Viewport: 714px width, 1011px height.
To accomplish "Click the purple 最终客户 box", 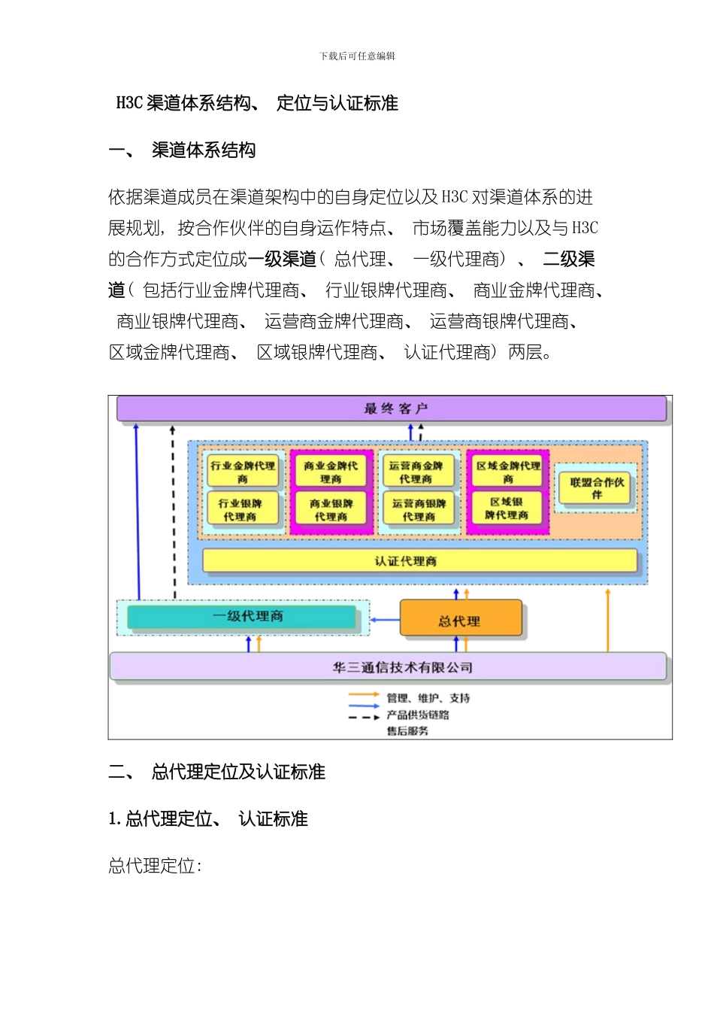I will (x=392, y=409).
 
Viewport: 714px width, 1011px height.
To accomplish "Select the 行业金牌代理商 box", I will (x=243, y=472).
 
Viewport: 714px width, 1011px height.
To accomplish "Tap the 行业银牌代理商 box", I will (x=241, y=509).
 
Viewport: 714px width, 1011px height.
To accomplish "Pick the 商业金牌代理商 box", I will (x=331, y=472).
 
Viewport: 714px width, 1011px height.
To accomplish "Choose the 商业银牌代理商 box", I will (x=331, y=509).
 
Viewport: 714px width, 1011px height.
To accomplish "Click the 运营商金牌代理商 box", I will (x=417, y=472).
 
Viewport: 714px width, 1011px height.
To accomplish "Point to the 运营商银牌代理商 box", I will (x=419, y=509).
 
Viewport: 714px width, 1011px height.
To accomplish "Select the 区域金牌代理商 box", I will (x=508, y=472).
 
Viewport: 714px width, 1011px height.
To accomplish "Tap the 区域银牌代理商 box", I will (x=507, y=508).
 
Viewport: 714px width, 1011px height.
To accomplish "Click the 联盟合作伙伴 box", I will (x=597, y=487).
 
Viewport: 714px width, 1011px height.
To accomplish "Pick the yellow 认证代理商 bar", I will (x=419, y=561).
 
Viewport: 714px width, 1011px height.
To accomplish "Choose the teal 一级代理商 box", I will (x=241, y=617).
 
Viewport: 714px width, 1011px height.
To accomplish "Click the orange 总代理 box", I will (x=460, y=619).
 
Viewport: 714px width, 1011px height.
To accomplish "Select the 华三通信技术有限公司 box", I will (x=388, y=666).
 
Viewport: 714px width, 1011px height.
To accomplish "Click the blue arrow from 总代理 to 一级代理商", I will (x=385, y=621).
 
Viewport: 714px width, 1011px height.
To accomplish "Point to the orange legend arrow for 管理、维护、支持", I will (x=364, y=695).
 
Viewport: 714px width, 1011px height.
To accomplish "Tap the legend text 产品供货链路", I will (x=418, y=715).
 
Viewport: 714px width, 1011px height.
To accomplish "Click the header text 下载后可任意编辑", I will (x=357, y=56).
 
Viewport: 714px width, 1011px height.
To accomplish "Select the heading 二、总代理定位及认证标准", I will (x=217, y=772).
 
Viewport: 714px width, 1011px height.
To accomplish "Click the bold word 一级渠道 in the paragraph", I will (x=283, y=260).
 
